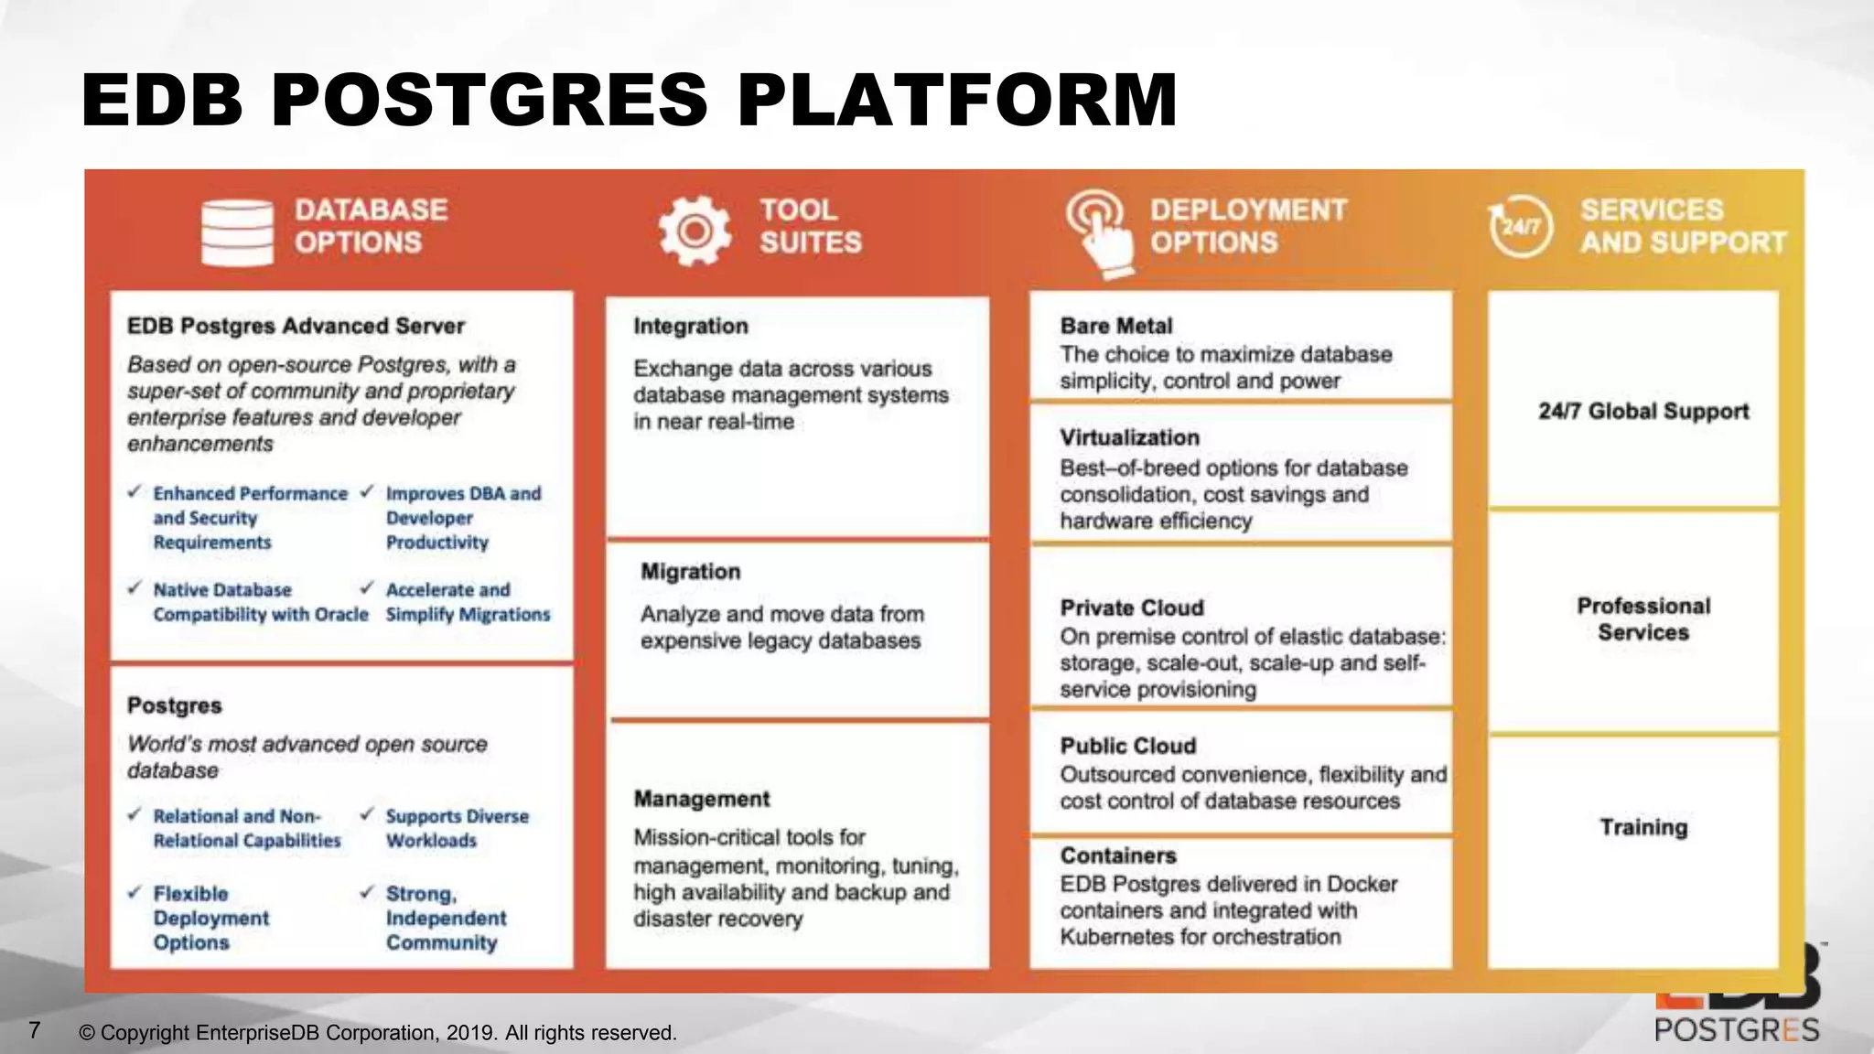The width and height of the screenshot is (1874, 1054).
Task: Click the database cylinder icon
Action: (237, 232)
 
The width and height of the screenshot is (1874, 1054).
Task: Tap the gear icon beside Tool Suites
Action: (695, 231)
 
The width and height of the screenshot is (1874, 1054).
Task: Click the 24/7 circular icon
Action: (1520, 226)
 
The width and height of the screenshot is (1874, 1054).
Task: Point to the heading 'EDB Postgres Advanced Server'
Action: (296, 327)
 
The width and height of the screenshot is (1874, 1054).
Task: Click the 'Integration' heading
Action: (691, 327)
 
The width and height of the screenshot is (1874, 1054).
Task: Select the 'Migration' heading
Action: (691, 572)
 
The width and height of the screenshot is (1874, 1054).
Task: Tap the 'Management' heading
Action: (702, 799)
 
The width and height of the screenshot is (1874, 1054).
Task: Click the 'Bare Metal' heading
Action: (1116, 327)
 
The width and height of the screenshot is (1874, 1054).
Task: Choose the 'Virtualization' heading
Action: (1130, 438)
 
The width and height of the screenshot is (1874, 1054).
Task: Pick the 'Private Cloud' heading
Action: (1132, 608)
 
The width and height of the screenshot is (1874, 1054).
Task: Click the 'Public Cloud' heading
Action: (1128, 747)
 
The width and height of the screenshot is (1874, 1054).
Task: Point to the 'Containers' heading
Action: (1118, 856)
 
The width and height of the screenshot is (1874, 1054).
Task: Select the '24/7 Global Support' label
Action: (1643, 412)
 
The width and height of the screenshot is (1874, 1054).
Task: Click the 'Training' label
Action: (1643, 828)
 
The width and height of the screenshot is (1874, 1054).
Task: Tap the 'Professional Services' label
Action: (1643, 619)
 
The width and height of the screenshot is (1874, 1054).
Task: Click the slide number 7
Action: (35, 1031)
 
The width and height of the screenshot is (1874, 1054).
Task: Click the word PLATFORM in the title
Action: (957, 100)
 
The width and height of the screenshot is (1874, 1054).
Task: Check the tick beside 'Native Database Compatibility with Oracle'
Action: (135, 587)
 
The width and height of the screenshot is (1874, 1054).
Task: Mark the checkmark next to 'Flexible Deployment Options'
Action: (135, 892)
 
